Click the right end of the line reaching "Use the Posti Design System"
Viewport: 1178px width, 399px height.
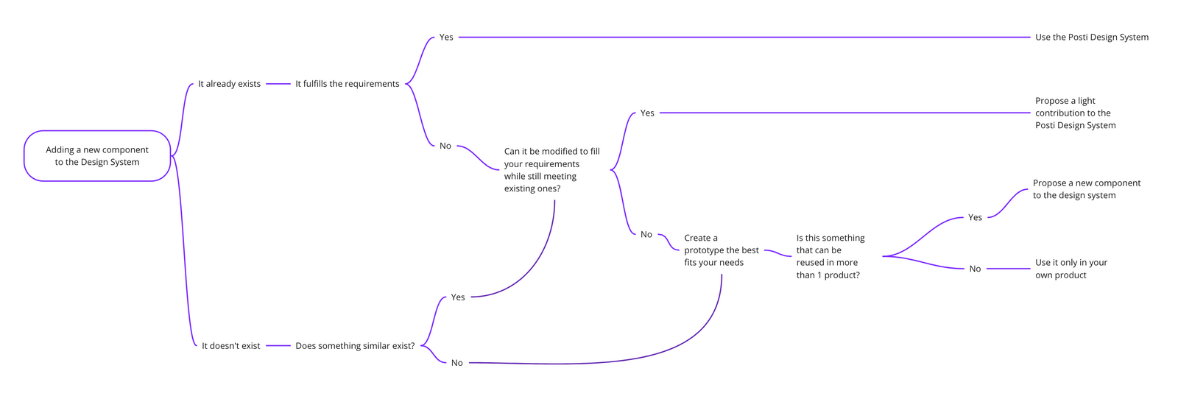click(1030, 38)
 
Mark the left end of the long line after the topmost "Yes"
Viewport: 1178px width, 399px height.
click(459, 38)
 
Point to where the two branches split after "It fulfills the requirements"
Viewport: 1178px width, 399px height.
click(406, 84)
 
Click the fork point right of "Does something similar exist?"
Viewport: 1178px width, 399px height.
click(421, 346)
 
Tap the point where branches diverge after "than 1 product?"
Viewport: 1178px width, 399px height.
click(883, 256)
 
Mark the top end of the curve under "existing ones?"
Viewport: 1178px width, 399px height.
click(555, 200)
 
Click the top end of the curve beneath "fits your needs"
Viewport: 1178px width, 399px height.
click(722, 275)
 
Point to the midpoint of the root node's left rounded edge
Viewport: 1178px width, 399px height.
click(24, 156)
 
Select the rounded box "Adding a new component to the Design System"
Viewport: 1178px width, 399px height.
click(97, 156)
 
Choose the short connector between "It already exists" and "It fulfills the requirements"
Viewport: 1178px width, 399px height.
click(278, 84)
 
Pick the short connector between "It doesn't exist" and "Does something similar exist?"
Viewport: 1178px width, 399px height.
click(278, 346)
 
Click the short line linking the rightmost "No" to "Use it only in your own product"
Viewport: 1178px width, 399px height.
click(1008, 269)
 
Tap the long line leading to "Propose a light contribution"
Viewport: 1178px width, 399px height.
click(844, 113)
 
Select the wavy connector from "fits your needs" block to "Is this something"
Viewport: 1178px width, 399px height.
click(777, 253)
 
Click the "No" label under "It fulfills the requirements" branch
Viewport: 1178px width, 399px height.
click(445, 146)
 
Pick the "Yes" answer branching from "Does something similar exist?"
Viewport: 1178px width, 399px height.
click(458, 297)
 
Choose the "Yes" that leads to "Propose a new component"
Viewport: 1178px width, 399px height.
click(975, 217)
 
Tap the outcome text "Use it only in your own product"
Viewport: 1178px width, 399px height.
click(1071, 269)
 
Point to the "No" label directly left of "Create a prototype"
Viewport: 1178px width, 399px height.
click(646, 234)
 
